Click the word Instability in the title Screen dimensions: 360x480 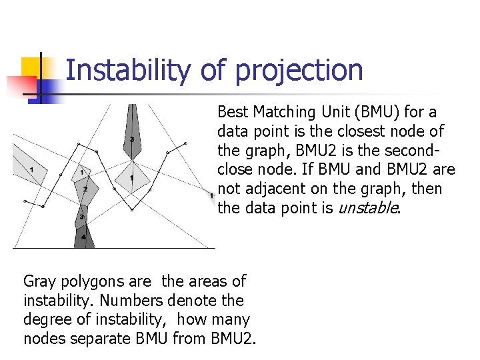pos(126,70)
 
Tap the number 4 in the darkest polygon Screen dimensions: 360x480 pos(83,237)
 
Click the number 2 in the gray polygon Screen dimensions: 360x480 pos(85,190)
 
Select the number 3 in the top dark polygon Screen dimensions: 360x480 pos(132,139)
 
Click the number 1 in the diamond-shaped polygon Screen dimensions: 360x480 pos(132,178)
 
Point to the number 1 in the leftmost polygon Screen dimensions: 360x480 pos(31,171)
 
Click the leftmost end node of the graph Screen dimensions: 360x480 pos(25,200)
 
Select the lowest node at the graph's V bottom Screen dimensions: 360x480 pos(131,210)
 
